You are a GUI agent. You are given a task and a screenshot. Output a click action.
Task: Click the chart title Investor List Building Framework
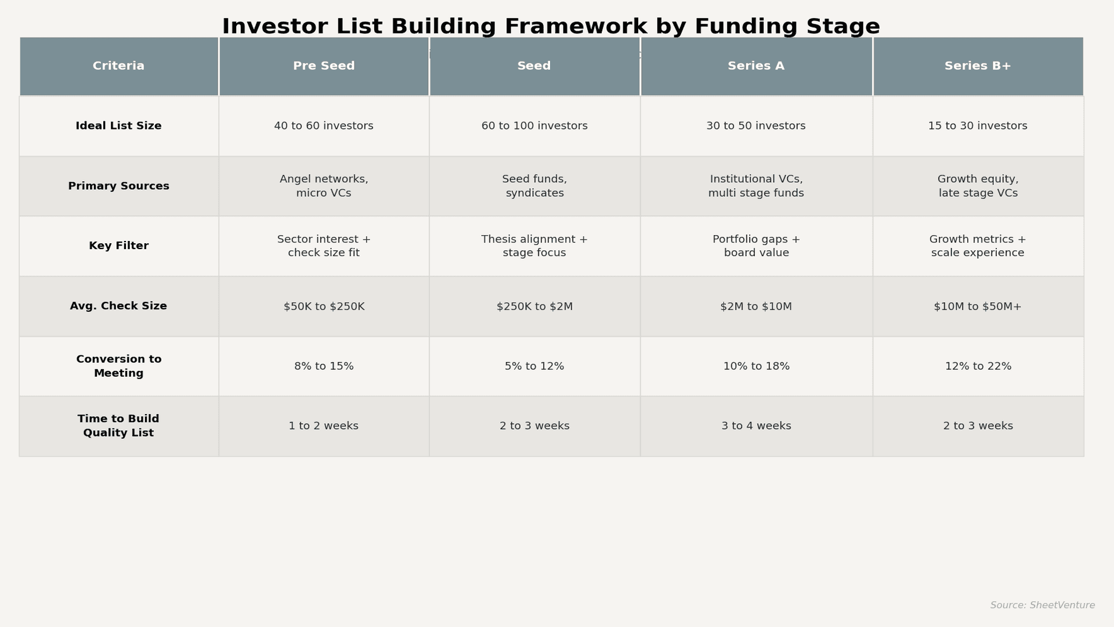coord(551,27)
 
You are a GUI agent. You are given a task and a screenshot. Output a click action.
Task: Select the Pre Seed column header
coord(324,66)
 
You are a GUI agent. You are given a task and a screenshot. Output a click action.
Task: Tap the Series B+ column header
coord(978,66)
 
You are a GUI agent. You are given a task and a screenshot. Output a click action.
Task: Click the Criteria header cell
coord(118,66)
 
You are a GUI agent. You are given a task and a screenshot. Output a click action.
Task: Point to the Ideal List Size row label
coord(118,126)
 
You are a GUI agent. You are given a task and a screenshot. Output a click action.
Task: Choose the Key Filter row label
coord(118,246)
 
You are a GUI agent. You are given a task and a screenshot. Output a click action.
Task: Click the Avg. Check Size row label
coord(118,307)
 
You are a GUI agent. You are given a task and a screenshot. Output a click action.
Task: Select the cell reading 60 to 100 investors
coord(534,126)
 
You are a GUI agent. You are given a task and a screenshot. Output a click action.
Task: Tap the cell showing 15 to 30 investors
coord(978,126)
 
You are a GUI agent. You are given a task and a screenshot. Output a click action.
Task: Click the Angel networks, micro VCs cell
coord(324,186)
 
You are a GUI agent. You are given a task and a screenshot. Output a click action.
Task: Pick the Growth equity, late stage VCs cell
coord(978,186)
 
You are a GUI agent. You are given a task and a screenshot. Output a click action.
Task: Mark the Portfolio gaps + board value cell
coord(756,246)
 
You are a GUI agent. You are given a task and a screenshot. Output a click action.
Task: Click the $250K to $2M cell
coord(534,307)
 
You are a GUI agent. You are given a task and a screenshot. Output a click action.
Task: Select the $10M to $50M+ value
coord(978,307)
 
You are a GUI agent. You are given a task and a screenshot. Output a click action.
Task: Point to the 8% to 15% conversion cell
coord(324,366)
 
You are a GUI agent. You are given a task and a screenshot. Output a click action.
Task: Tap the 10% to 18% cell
coord(756,366)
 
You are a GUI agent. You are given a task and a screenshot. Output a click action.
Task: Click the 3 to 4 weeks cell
coord(756,426)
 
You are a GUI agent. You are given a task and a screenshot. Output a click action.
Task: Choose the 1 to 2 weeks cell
coord(324,426)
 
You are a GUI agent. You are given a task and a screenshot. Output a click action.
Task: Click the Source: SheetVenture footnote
coord(1042,606)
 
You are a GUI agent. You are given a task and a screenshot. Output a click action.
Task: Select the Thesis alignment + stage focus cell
coord(534,246)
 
